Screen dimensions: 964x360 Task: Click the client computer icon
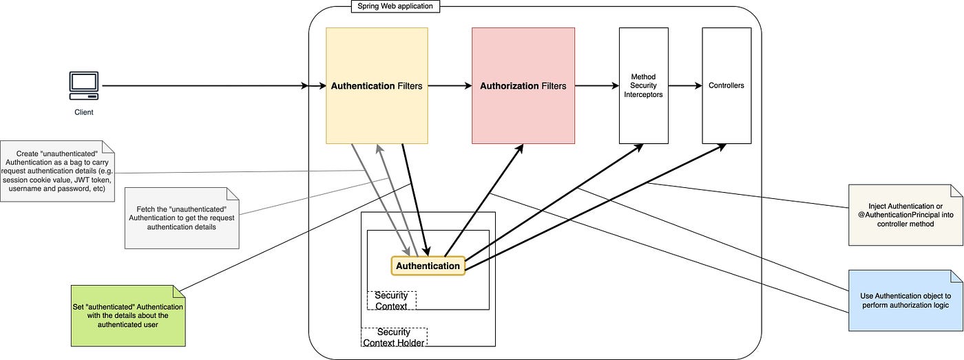pos(84,85)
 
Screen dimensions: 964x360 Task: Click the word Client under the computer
pos(84,112)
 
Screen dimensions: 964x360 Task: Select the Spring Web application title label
pos(395,6)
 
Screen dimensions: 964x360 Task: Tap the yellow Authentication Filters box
pos(377,85)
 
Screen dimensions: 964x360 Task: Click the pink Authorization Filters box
pos(523,85)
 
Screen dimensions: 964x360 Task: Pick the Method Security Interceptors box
pos(643,85)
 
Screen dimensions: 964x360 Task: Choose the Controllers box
pos(726,85)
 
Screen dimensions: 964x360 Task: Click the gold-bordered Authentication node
pos(428,266)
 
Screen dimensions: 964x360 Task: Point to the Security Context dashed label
pos(391,301)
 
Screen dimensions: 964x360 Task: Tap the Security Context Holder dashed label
pos(394,337)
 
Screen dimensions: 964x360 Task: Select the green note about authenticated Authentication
pos(128,316)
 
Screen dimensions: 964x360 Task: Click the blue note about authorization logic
pos(905,301)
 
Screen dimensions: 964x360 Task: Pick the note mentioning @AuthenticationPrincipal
pos(905,215)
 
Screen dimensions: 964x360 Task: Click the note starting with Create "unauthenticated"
pos(57,171)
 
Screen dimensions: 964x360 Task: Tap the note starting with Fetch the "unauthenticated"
pos(182,218)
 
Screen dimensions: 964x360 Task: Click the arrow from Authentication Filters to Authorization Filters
pos(450,85)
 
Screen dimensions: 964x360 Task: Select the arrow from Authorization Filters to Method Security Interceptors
pos(597,85)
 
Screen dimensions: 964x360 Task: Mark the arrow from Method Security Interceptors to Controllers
pos(685,85)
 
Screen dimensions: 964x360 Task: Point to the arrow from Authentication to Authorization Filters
pos(483,200)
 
